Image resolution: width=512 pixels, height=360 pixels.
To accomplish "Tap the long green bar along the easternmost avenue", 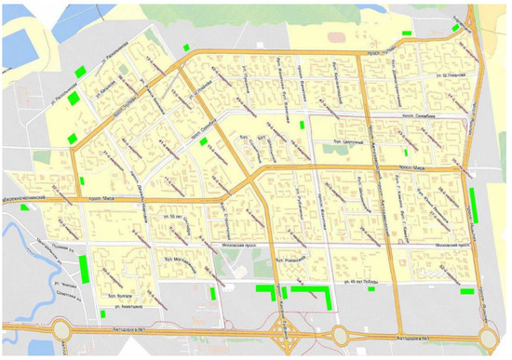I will (474, 207).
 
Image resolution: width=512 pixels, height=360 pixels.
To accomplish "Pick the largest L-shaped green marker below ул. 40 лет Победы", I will (314, 293).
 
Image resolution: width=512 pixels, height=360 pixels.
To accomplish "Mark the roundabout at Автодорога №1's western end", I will (61, 330).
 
